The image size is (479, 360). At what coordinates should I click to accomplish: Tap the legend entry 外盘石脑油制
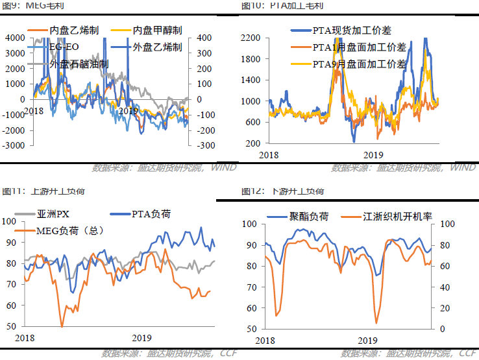pos(79,64)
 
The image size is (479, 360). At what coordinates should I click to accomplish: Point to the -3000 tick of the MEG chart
pos(14,146)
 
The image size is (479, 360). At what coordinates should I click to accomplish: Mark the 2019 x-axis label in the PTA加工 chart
pos(373,155)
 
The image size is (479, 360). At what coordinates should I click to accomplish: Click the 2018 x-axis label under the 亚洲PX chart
pos(25,338)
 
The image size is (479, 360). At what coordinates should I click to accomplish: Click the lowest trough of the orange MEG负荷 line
pos(62,326)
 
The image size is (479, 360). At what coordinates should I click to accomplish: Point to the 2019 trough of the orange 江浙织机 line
pos(376,322)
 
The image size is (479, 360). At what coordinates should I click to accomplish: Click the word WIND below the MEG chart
pos(223,168)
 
